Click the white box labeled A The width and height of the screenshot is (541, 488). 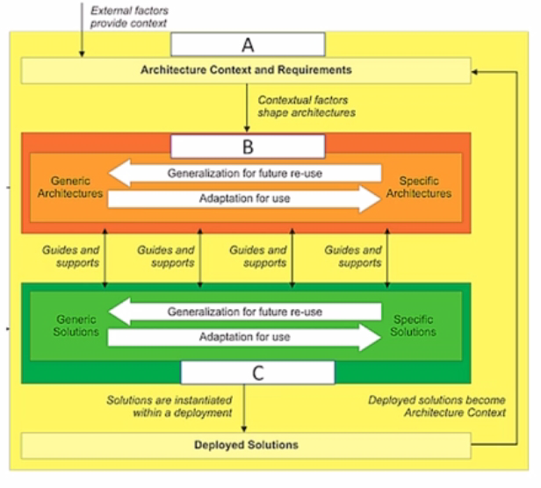click(247, 44)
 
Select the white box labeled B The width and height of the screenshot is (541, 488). click(247, 145)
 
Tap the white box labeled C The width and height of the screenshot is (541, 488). click(257, 372)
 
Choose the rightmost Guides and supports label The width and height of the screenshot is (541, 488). click(353, 255)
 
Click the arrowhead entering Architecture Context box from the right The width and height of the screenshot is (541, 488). click(477, 70)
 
